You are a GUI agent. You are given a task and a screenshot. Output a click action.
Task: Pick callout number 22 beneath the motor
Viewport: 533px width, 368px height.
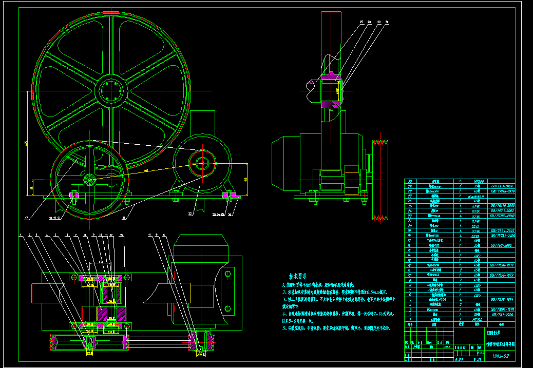point(191,213)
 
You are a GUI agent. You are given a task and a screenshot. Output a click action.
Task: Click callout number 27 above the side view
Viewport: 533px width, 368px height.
point(362,23)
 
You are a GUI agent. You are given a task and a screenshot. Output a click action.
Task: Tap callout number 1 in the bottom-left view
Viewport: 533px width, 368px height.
point(21,235)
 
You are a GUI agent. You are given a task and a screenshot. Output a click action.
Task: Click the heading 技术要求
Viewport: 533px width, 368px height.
point(301,276)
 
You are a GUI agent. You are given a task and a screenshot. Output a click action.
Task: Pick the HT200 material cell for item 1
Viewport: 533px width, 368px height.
point(478,319)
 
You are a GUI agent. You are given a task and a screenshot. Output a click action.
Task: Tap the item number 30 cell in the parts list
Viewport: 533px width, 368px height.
point(409,181)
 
